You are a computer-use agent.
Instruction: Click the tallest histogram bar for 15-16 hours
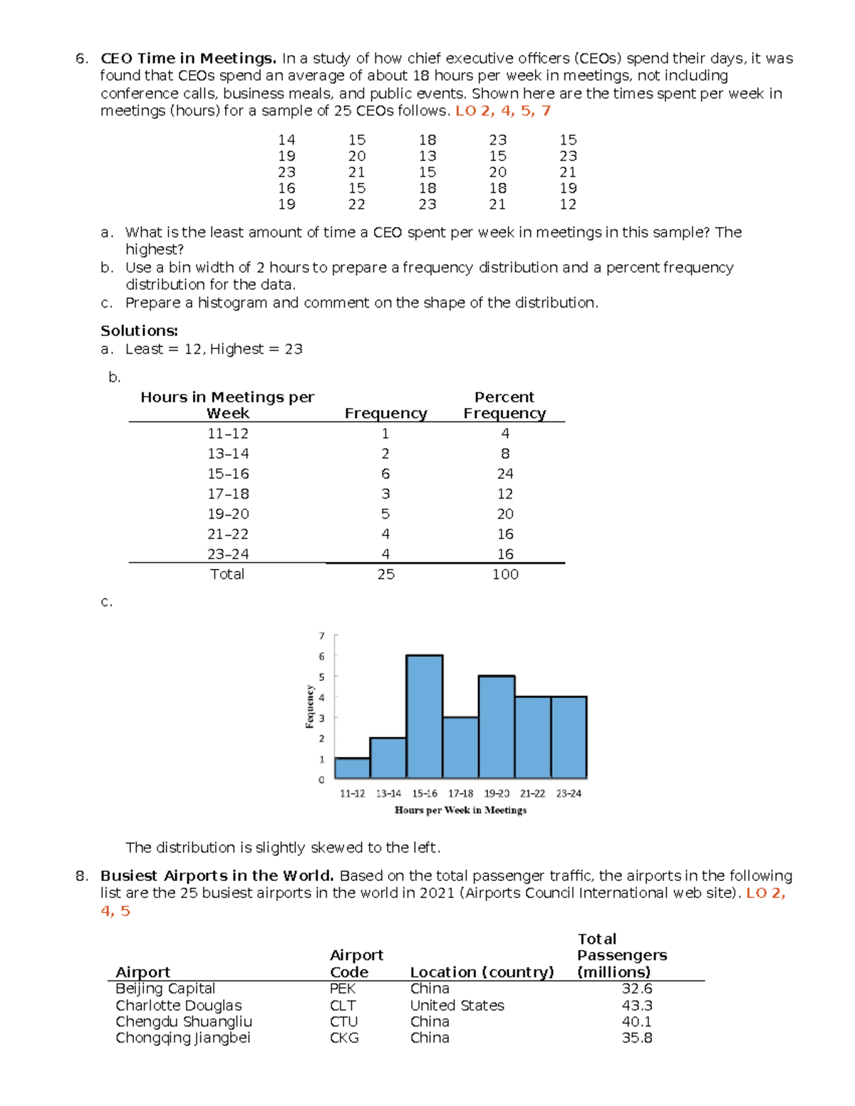(425, 716)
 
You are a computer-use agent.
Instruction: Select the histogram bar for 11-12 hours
(352, 768)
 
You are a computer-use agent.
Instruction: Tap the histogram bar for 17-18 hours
(460, 747)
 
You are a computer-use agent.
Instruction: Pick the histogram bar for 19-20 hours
(497, 726)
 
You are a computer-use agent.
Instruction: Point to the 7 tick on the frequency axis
(321, 636)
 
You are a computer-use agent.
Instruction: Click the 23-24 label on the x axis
(569, 793)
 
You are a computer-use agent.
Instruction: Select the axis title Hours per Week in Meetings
(460, 810)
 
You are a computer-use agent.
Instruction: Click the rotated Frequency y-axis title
(310, 706)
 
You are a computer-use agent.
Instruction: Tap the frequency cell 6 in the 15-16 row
(385, 474)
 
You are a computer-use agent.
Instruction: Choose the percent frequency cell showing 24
(505, 474)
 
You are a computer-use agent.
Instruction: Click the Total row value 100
(505, 574)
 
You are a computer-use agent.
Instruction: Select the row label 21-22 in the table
(228, 534)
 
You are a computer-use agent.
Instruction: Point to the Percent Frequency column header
(504, 405)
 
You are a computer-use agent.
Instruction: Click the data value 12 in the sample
(568, 204)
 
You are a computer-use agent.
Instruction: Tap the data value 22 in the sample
(356, 204)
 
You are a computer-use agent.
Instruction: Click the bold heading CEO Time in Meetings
(188, 58)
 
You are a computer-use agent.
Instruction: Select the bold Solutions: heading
(139, 330)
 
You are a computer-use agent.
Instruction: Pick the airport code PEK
(343, 988)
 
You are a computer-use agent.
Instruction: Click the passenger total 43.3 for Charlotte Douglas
(636, 1006)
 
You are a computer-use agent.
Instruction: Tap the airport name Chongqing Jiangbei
(183, 1038)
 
